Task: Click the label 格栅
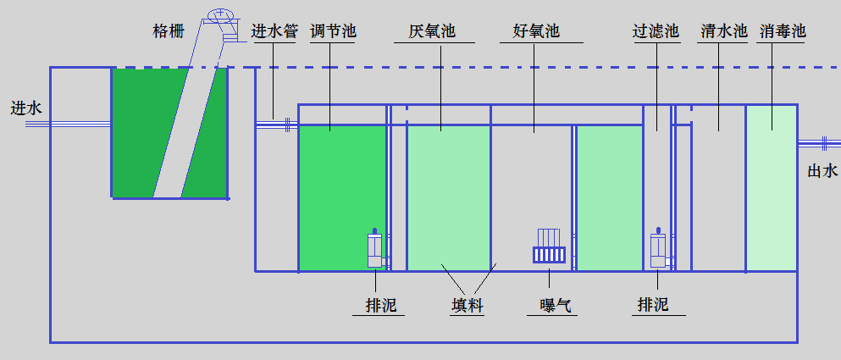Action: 169,32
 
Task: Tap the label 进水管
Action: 274,32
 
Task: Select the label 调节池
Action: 333,32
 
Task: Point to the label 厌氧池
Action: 432,32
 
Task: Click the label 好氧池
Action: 536,32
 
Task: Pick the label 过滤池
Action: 656,32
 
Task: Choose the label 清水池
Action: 723,32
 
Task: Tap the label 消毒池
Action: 783,32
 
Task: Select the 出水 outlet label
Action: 822,171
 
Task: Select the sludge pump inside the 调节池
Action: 375,250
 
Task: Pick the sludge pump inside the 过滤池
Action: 658,250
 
